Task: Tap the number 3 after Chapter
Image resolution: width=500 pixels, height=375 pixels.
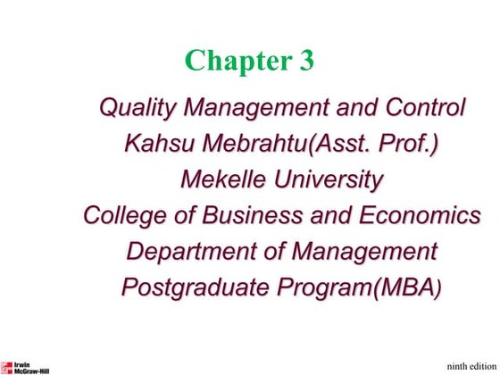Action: click(304, 61)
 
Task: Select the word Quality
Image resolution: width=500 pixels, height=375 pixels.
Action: click(134, 109)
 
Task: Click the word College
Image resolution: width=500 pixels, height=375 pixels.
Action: click(127, 216)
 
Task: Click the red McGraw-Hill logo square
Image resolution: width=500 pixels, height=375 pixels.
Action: click(6, 366)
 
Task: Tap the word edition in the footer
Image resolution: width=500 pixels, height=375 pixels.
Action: click(482, 364)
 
